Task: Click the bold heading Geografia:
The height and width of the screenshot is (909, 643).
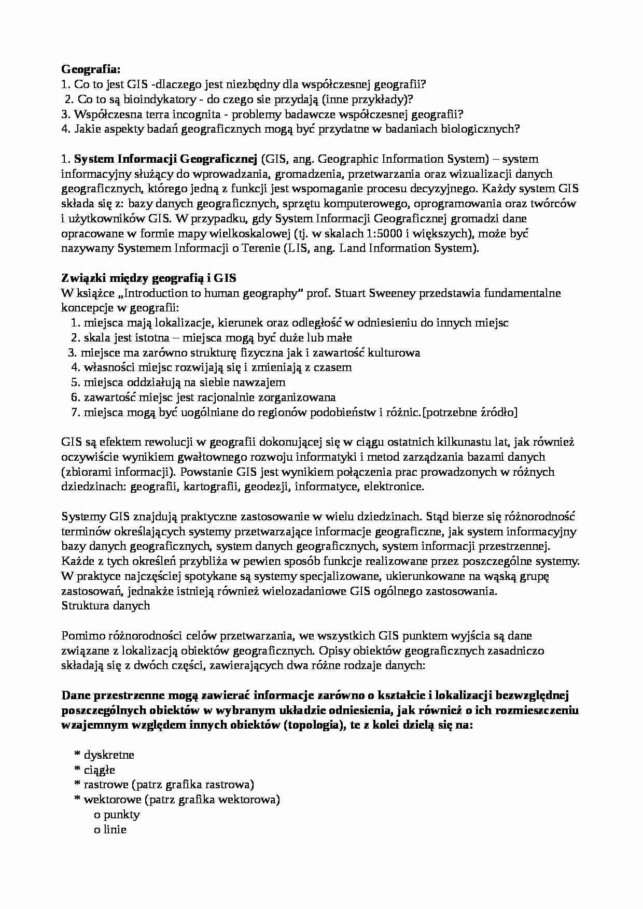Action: pos(90,69)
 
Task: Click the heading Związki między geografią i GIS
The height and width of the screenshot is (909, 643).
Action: pos(149,278)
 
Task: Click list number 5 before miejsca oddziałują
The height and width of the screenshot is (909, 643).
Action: pos(74,382)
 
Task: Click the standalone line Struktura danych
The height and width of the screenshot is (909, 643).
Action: pos(106,605)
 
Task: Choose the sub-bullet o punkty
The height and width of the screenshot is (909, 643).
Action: pos(117,814)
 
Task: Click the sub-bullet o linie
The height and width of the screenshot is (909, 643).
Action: pos(110,829)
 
